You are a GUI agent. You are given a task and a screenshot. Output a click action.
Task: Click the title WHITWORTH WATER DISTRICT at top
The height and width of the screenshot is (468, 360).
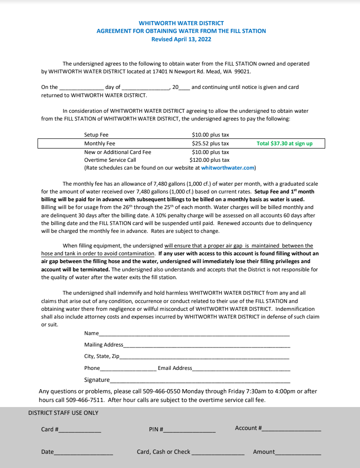[x=181, y=23]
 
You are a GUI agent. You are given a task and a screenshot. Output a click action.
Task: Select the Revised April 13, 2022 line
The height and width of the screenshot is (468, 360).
[x=181, y=39]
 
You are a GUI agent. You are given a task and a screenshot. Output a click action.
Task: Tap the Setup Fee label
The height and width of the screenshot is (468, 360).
[x=96, y=135]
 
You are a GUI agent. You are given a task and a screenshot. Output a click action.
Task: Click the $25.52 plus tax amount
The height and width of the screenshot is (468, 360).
[x=210, y=143]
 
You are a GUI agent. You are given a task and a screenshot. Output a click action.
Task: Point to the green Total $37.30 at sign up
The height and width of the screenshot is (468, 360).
[x=284, y=143]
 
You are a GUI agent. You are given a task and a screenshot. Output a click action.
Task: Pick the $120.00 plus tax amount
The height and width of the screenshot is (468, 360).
[x=209, y=160]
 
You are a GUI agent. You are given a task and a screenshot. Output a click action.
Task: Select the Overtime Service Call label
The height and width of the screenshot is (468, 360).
[x=110, y=160]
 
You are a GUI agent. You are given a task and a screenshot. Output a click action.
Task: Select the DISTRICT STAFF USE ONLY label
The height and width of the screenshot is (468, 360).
[x=63, y=413]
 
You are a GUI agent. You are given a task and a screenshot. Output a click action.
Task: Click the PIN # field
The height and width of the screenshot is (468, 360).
[x=190, y=431]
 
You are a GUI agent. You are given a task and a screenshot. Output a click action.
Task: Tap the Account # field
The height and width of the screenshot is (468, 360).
[x=291, y=429]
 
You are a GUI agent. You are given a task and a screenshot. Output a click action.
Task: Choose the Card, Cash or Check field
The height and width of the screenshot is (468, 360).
[x=218, y=453]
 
